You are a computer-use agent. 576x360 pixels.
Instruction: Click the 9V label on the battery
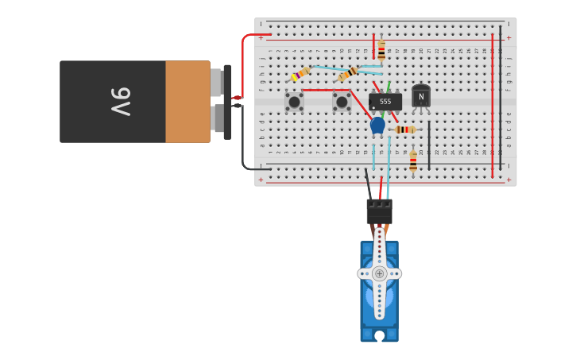pos(120,102)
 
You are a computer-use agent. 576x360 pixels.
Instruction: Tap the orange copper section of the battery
pos(187,102)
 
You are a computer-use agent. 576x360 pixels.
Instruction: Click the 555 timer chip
pos(385,102)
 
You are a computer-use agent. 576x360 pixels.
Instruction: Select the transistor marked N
pos(421,96)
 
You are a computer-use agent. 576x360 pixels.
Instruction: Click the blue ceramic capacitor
pos(377,126)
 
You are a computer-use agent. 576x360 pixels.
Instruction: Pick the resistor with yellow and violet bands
pos(299,75)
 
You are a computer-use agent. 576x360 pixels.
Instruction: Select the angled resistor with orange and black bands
pos(348,73)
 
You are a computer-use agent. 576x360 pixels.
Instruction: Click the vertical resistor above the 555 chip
pos(381,51)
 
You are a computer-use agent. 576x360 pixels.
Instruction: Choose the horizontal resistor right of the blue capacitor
pos(405,130)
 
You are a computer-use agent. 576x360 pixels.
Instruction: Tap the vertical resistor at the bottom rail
pos(413,161)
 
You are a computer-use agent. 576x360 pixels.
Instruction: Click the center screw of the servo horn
pos(379,273)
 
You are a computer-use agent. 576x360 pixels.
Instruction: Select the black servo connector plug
pos(379,211)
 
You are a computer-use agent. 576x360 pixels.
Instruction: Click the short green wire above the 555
pos(389,86)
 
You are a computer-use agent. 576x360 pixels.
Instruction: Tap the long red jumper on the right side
pos(493,103)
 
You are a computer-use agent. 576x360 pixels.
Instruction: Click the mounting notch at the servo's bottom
pos(379,336)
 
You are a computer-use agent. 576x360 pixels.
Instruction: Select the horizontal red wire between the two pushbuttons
pos(318,90)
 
